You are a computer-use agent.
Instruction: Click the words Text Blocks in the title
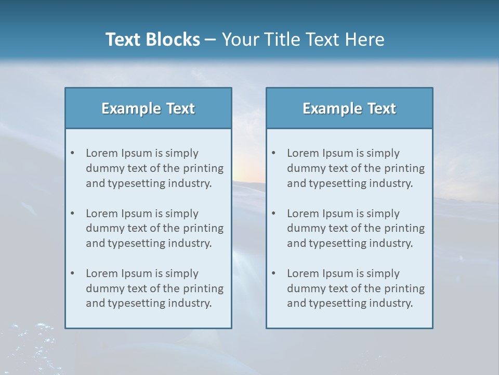point(152,40)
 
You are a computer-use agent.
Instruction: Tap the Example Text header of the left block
point(148,108)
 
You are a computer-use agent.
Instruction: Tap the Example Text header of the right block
point(349,108)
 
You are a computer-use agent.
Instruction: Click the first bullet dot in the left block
point(72,153)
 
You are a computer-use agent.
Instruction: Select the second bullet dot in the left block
point(72,214)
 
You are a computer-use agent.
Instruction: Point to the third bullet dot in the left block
point(72,273)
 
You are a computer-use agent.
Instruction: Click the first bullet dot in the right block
point(273,153)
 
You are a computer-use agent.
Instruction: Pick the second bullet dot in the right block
point(273,214)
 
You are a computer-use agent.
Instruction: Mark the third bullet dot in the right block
point(273,273)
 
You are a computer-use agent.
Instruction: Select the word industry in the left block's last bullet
point(190,303)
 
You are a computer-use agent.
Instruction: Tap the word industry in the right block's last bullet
point(391,303)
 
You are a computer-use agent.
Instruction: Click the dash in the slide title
point(211,40)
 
